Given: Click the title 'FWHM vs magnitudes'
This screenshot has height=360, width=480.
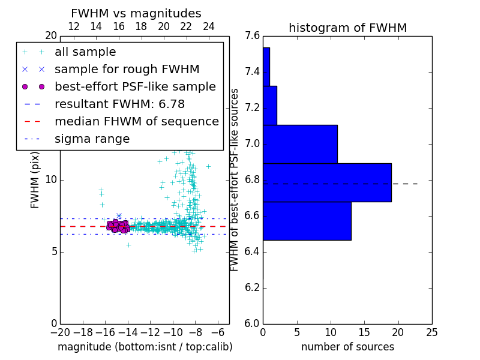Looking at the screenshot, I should [136, 14].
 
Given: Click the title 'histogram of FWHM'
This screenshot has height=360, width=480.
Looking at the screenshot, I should [347, 28].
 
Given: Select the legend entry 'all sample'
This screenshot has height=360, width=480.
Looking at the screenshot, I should [85, 52].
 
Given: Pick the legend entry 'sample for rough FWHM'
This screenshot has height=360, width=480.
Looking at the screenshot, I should [127, 70].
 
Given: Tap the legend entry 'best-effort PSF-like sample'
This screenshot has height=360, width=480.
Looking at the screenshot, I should [135, 87].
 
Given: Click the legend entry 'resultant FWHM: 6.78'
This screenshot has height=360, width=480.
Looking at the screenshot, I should [121, 104].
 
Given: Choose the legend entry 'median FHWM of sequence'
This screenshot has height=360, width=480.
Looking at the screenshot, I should [136, 122].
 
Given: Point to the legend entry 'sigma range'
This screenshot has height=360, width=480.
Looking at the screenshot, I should [92, 139].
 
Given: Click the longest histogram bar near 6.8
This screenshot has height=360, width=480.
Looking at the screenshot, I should [327, 182].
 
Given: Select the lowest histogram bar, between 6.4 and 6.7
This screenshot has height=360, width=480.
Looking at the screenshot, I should [307, 221].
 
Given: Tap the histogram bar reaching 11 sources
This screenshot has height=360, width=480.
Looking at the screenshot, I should [300, 144].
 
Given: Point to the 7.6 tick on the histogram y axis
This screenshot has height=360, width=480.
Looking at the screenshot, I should [253, 36].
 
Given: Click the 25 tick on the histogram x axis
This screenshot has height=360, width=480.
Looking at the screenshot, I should [431, 332].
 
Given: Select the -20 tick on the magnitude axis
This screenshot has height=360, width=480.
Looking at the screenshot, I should [60, 332].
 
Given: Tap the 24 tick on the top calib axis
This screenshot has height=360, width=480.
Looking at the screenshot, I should [209, 27].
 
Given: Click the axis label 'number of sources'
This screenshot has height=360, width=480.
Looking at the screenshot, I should [347, 347].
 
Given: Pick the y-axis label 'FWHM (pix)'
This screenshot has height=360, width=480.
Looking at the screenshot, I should [35, 178].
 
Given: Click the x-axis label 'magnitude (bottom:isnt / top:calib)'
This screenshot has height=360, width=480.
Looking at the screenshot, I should [145, 347].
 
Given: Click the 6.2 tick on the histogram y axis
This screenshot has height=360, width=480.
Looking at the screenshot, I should [253, 288].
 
